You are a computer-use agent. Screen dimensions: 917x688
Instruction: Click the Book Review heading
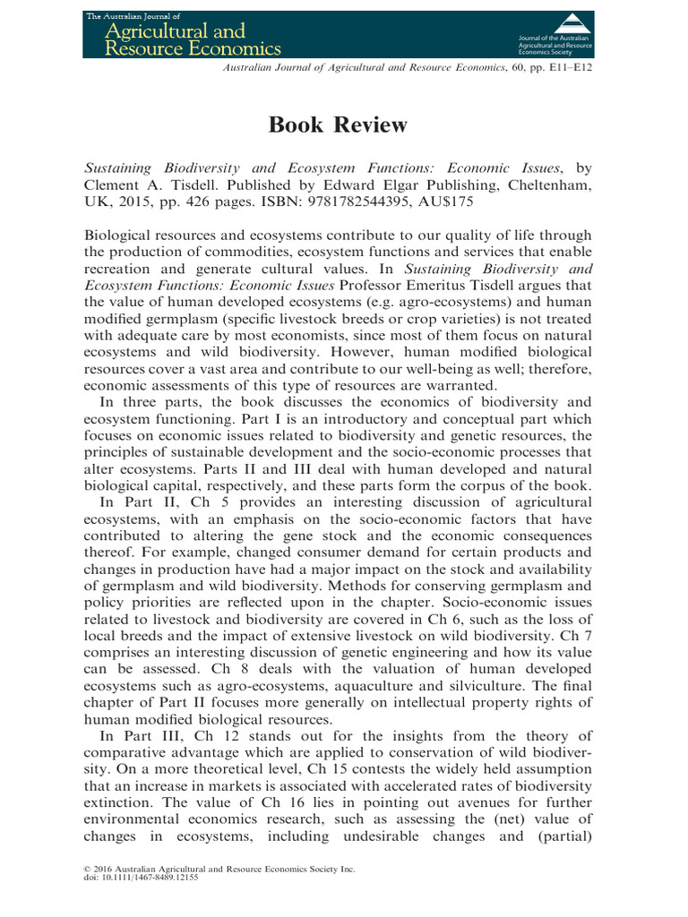pos(338,125)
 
